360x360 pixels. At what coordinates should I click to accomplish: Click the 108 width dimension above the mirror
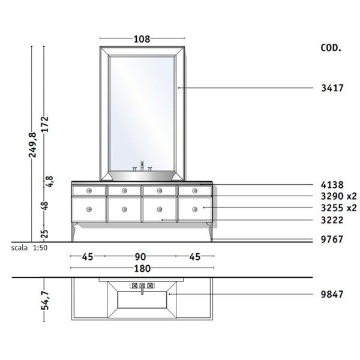pos(142,39)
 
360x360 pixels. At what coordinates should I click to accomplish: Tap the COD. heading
pos(331,48)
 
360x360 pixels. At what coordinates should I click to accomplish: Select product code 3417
pos(332,88)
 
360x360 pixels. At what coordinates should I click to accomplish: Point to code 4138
pos(332,185)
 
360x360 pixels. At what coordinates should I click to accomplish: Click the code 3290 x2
pos(339,196)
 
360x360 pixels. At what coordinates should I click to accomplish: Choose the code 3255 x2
pos(339,208)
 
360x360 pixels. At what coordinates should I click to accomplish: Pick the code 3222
pos(332,220)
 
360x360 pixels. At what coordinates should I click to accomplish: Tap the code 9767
pos(332,239)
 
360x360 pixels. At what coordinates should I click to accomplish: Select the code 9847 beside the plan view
pos(332,295)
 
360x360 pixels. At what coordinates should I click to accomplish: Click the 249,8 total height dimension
pos(32,145)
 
